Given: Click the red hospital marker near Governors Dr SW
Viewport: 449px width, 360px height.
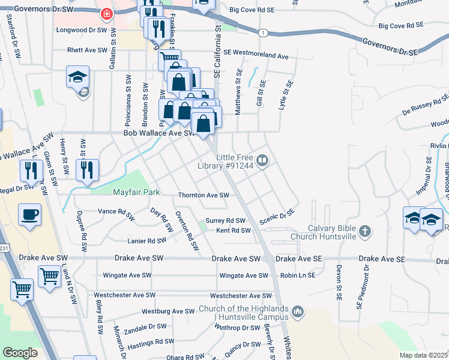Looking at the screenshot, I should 107,13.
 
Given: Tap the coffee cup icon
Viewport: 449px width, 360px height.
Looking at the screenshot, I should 29,214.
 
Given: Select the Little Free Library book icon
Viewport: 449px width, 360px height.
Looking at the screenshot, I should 262,160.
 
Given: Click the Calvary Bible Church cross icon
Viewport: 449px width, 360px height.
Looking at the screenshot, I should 364,232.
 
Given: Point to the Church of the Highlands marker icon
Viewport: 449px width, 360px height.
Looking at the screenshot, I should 298,311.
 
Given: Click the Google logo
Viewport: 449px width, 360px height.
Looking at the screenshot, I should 20,352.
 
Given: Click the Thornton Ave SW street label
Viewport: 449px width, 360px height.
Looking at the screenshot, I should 203,196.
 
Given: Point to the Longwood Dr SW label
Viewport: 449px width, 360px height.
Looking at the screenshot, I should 81,29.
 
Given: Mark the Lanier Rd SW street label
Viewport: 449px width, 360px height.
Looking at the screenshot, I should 146,241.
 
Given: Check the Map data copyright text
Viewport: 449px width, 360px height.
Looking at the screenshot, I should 423,355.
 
